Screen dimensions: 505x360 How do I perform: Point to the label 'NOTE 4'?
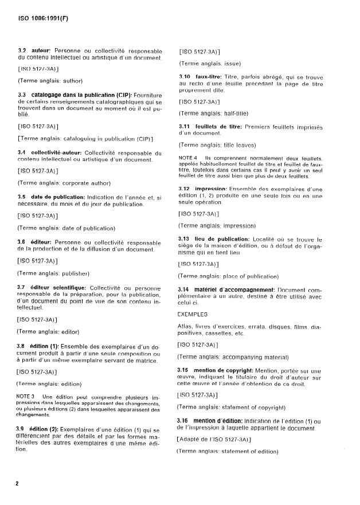[187, 158]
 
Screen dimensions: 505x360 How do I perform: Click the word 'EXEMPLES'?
[193, 314]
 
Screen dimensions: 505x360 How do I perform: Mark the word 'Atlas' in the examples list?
[187, 327]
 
